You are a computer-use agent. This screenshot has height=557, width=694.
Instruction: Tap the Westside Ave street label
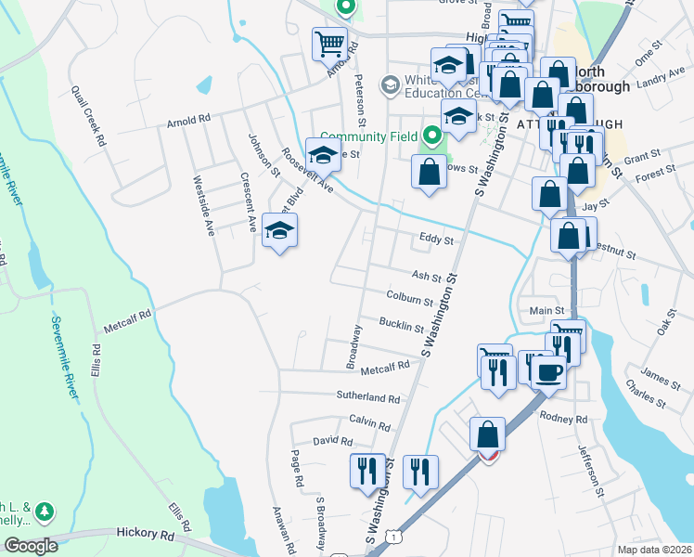click(203, 205)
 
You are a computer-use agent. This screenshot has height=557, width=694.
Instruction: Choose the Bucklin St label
click(402, 324)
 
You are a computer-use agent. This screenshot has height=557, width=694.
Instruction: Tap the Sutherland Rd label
click(367, 397)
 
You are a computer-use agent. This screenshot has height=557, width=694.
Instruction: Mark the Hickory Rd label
click(147, 535)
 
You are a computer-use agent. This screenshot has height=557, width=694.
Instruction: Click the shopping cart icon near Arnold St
click(330, 43)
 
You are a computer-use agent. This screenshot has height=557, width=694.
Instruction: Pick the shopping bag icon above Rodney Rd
click(488, 434)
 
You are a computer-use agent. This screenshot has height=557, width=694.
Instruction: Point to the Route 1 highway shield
click(396, 537)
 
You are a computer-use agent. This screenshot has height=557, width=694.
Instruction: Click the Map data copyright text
click(653, 549)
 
